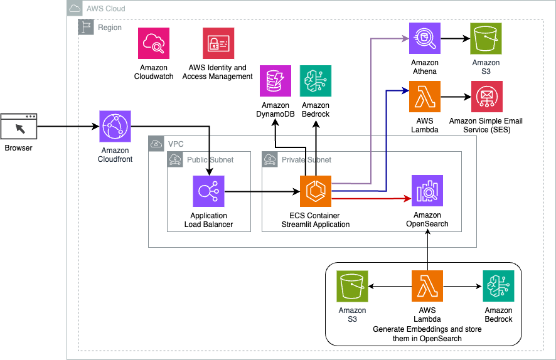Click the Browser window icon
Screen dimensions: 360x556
(19, 127)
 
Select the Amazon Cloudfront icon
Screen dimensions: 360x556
(115, 127)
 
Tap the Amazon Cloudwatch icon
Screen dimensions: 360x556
(154, 43)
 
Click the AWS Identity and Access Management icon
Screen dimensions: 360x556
(218, 43)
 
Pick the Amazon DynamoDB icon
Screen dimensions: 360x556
(275, 81)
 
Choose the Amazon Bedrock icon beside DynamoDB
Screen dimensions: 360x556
(316, 81)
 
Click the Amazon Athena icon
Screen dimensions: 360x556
(425, 39)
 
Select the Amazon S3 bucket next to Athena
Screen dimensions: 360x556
(486, 39)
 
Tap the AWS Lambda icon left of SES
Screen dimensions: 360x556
(425, 97)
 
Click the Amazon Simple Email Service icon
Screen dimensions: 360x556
(486, 97)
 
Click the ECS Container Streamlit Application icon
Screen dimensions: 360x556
(316, 191)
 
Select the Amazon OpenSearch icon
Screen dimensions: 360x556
(427, 191)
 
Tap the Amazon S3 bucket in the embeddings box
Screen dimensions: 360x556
(352, 286)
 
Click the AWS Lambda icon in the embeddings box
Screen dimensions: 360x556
(427, 286)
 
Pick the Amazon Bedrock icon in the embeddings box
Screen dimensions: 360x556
(498, 286)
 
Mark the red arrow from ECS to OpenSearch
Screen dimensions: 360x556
(370, 198)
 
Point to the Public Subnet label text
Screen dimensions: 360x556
(210, 160)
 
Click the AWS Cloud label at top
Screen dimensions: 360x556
(105, 9)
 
